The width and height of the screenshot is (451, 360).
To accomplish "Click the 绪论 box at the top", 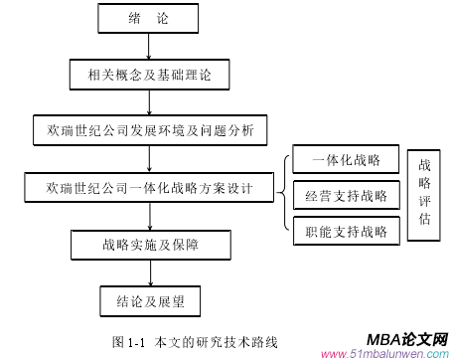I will tap(148, 19).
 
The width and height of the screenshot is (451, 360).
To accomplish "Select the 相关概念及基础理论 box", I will tap(148, 74).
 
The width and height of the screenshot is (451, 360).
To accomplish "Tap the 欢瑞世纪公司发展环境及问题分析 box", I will tap(149, 130).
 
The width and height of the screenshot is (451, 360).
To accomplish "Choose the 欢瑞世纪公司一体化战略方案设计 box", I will tap(149, 186).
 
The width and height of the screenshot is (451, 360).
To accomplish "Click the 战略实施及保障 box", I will tap(148, 244).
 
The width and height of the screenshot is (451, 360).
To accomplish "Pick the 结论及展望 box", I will tap(148, 298).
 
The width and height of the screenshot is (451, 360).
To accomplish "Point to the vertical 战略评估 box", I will tap(426, 196).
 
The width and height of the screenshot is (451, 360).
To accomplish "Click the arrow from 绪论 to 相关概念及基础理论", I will tap(148, 46).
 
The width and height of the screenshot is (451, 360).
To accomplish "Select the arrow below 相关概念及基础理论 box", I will tap(148, 102).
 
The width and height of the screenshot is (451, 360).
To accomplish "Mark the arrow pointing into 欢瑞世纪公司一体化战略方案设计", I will tap(148, 158).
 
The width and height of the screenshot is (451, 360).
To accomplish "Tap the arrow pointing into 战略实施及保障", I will tap(148, 215).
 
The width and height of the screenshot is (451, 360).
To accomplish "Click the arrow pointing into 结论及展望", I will tap(148, 270).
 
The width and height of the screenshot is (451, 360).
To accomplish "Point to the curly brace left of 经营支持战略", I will tap(285, 196).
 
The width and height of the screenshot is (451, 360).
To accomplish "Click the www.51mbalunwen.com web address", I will tap(387, 353).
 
